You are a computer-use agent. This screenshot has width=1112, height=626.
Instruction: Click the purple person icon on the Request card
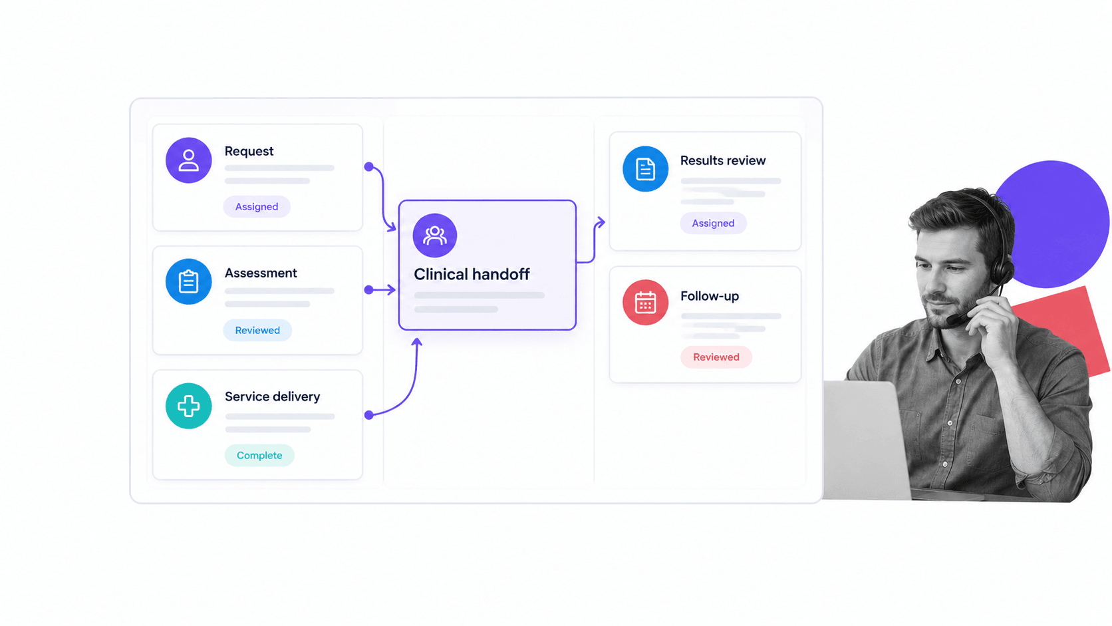point(189,160)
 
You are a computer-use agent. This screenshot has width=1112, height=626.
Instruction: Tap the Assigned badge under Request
point(257,206)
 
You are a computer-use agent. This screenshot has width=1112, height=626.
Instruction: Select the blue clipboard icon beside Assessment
point(189,281)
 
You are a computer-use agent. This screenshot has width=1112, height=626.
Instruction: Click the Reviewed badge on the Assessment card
point(257,330)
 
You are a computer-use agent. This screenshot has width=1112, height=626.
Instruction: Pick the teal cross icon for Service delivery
point(189,406)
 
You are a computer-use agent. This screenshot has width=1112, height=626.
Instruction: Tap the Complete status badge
point(259,455)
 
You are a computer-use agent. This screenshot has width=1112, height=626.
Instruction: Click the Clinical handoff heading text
point(472,274)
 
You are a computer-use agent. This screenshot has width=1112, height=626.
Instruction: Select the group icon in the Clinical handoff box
point(435,235)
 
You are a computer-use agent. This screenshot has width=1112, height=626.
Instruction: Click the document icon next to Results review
point(645,169)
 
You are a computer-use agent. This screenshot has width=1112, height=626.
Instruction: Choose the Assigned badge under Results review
point(714,224)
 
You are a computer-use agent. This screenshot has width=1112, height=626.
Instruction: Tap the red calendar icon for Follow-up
point(645,302)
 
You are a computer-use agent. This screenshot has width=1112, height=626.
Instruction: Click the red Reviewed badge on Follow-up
point(716,357)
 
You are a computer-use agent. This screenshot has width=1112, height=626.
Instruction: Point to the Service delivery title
point(273,396)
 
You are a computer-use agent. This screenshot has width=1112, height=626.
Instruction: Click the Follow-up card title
point(710,296)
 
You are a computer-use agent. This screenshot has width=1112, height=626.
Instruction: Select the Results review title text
point(723,160)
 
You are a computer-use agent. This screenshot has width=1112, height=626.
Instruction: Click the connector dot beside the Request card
point(369,167)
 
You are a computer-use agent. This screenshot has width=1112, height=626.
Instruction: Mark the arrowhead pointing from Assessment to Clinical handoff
point(392,289)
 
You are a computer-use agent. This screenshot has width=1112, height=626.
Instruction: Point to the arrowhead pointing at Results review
point(601,222)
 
